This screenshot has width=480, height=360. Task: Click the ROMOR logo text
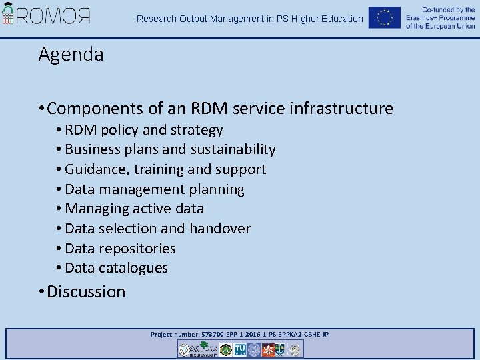[x=54, y=16]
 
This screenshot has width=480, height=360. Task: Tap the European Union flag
[x=385, y=17]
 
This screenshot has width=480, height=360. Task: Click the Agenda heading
[x=71, y=54]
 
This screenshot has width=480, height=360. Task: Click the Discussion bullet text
[x=86, y=291]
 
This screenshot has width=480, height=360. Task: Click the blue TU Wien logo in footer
[x=240, y=349]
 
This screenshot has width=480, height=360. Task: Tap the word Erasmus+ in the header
[x=424, y=18]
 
